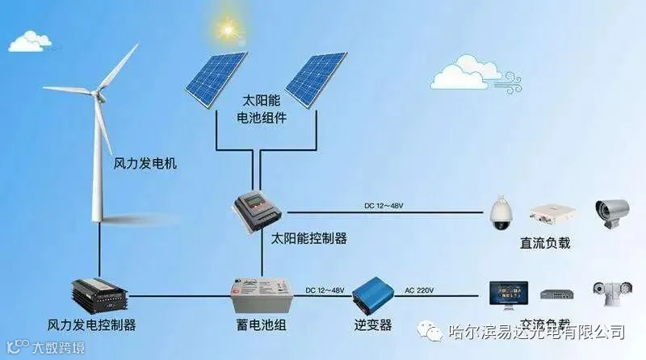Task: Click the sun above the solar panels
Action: point(224,31)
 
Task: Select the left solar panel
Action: point(214,78)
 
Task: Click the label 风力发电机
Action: point(145,163)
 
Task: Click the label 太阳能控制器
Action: point(308,238)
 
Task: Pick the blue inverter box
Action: point(372,295)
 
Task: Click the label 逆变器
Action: point(372,325)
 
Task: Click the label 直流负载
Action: point(547,242)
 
